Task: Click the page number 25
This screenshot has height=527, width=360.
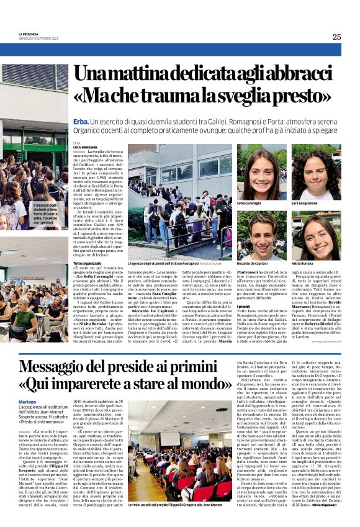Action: coord(336,37)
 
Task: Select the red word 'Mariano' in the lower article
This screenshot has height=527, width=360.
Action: coord(28,402)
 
